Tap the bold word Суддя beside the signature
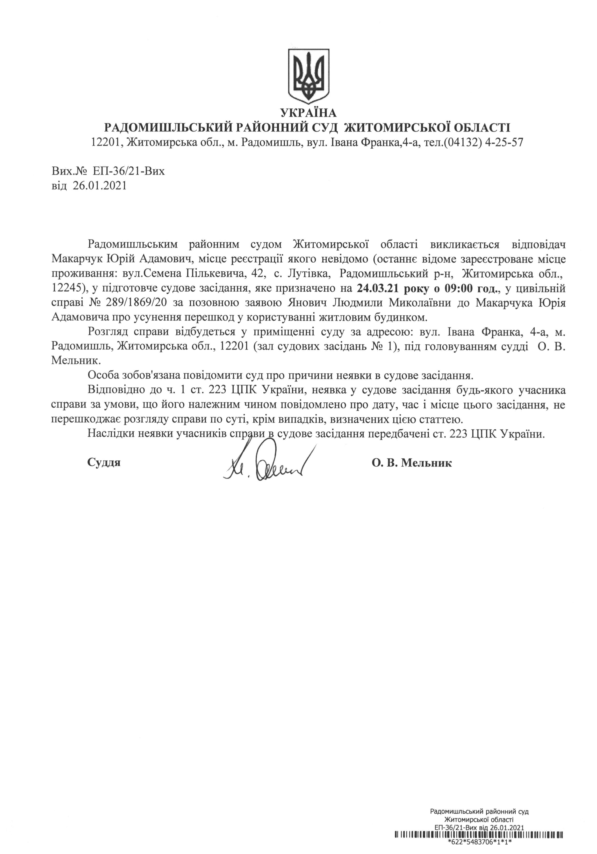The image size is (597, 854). point(104,463)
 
